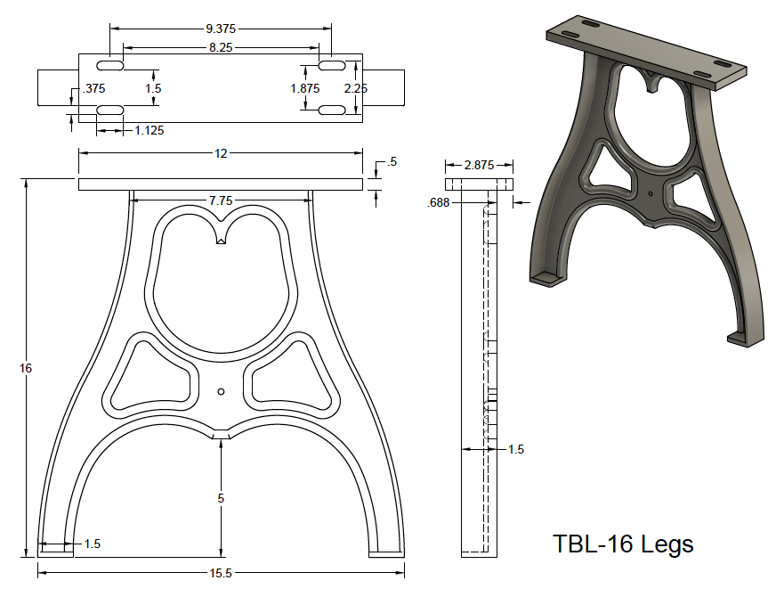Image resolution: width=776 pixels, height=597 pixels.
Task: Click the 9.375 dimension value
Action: (221, 29)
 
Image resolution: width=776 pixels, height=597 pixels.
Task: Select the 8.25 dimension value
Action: (221, 48)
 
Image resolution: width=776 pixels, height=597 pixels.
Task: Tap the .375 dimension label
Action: (93, 88)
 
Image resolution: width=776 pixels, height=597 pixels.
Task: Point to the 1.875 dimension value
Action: (305, 88)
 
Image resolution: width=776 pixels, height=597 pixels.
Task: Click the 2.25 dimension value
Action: (356, 88)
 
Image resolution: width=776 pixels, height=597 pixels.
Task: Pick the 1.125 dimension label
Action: (149, 130)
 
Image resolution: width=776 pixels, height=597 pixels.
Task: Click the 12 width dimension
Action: (221, 153)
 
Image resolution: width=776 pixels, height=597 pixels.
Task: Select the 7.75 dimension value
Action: (221, 201)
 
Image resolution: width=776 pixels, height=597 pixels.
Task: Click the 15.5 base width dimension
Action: (221, 574)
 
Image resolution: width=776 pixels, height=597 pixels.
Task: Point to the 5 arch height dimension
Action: (221, 499)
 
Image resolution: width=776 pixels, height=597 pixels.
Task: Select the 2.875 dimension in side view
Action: (481, 165)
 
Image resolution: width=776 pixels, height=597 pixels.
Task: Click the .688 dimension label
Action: (437, 203)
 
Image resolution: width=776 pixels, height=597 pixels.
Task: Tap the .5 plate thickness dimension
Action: (392, 162)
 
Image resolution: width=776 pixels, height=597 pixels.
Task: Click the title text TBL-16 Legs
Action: (623, 544)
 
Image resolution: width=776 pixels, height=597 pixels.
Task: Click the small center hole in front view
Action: (221, 390)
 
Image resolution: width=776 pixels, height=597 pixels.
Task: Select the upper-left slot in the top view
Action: (110, 68)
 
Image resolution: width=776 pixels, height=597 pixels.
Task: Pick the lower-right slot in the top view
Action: (332, 110)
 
